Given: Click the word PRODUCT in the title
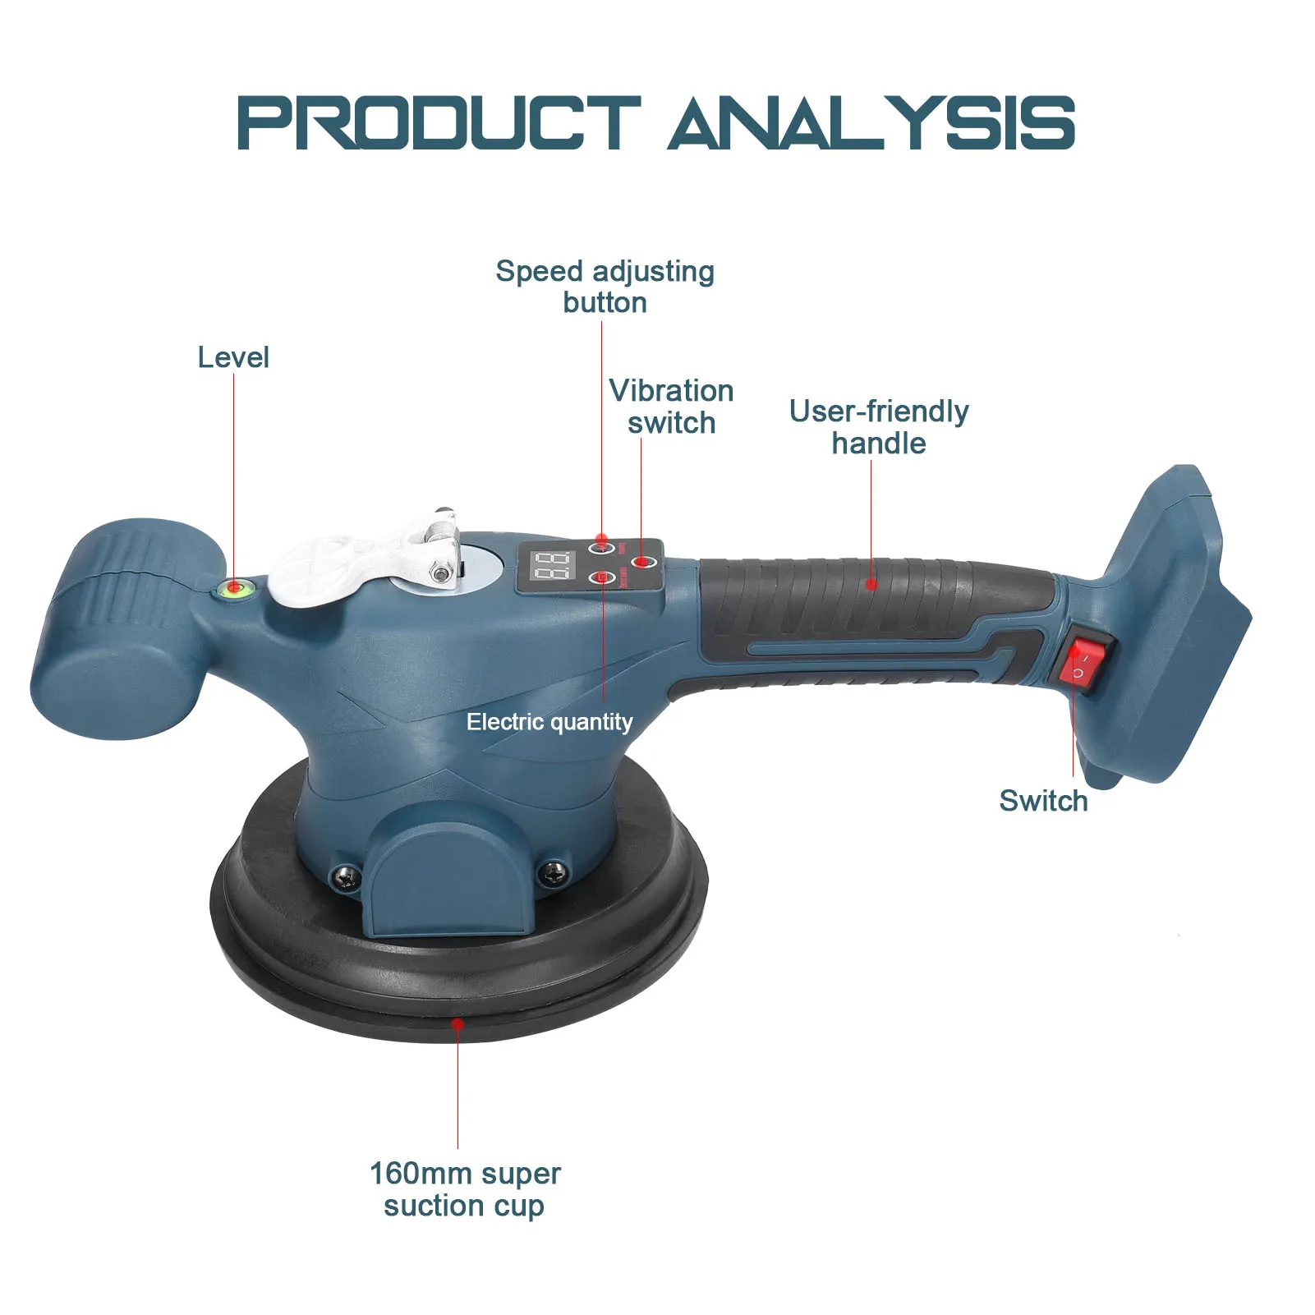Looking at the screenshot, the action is point(438,123).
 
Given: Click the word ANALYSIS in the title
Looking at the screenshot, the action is point(871,123).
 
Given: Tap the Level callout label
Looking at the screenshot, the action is point(233,357).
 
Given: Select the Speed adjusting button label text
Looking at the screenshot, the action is point(605,287).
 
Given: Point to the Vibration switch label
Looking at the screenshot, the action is point(671,407).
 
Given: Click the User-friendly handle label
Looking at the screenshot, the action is point(878,427).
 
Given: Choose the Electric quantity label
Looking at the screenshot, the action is point(549,722).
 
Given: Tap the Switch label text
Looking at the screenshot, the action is point(1043,801).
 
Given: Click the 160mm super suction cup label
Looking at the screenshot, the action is point(465,1189).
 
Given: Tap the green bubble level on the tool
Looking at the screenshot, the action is point(234,587).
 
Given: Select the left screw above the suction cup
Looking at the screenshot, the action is point(346,876).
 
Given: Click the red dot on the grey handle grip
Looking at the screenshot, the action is point(871,584).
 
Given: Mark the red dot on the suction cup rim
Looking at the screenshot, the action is point(458,1024).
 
